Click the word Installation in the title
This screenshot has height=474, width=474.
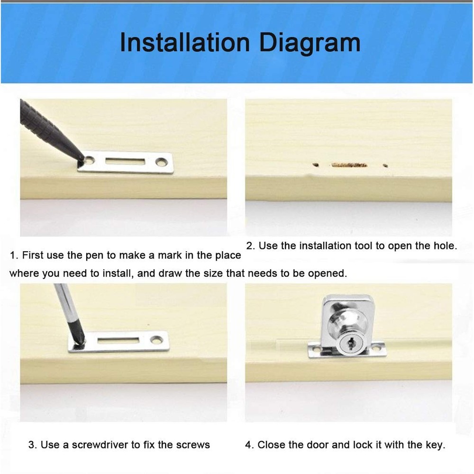pos(185,43)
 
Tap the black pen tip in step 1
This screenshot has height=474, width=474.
pos(82,159)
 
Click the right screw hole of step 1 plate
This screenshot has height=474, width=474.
pos(162,162)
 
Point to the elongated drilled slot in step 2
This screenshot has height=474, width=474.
pos(349,165)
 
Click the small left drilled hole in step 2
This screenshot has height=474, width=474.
pos(315,165)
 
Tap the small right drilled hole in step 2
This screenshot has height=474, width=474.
pos(385,165)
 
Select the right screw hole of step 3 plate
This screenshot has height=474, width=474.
pos(156,340)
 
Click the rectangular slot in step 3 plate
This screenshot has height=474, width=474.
pos(118,341)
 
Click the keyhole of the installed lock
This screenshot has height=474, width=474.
pos(351,344)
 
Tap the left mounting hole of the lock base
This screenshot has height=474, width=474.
pos(316,350)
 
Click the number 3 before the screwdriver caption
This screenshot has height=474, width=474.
pos(31,445)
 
